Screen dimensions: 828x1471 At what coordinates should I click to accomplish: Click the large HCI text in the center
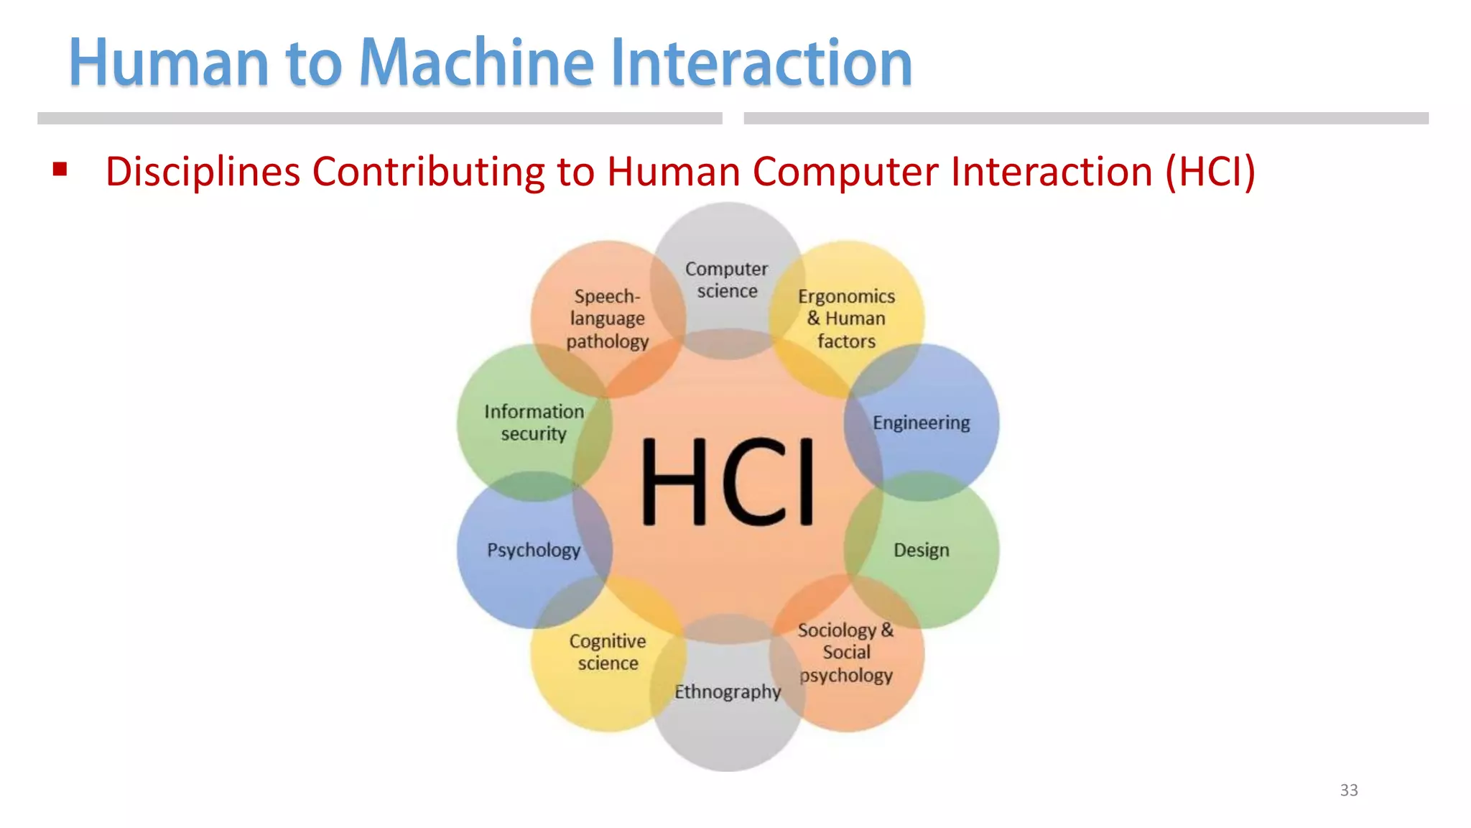pyautogui.click(x=727, y=482)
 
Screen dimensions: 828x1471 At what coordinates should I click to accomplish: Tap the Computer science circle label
pyautogui.click(x=727, y=280)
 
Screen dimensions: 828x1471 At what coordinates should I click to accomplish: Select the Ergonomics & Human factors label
pyautogui.click(x=846, y=318)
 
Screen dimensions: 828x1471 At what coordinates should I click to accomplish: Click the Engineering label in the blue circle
pyautogui.click(x=921, y=423)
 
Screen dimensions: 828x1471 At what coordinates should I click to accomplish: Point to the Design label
pyautogui.click(x=921, y=550)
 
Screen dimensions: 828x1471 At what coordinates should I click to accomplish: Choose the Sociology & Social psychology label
pyautogui.click(x=845, y=652)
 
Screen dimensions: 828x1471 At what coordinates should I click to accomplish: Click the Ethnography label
pyautogui.click(x=727, y=691)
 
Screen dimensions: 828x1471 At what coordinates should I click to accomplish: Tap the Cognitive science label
pyautogui.click(x=608, y=652)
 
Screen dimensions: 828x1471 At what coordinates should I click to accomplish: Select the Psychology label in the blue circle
pyautogui.click(x=534, y=550)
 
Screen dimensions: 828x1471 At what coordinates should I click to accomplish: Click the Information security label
pyautogui.click(x=534, y=423)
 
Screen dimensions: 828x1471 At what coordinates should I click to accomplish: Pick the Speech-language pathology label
pyautogui.click(x=608, y=318)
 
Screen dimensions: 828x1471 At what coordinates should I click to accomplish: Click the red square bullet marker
pyautogui.click(x=60, y=170)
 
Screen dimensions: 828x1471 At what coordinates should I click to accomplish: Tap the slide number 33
pyautogui.click(x=1348, y=790)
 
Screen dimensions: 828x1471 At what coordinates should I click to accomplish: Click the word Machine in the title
pyautogui.click(x=476, y=63)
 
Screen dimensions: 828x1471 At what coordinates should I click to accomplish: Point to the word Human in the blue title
pyautogui.click(x=169, y=63)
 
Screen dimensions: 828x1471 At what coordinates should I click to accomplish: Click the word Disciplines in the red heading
pyautogui.click(x=203, y=172)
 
